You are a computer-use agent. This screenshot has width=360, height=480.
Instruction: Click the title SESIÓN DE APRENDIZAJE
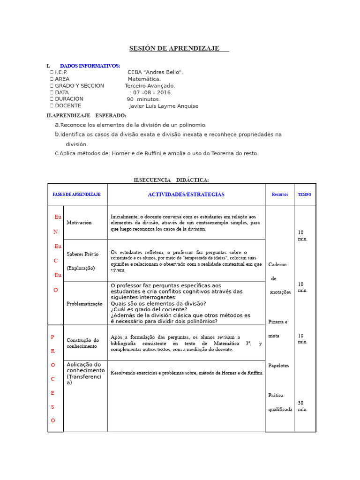point(174,49)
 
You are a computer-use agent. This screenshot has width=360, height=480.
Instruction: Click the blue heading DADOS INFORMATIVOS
point(90,66)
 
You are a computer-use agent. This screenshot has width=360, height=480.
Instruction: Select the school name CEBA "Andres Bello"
point(155,72)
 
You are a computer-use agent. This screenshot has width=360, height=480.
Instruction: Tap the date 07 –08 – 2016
point(152,92)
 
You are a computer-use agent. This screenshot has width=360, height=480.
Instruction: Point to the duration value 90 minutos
point(143,99)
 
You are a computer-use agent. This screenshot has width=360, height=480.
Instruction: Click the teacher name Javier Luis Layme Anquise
point(164,106)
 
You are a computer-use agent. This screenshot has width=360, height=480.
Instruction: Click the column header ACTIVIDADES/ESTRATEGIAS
point(186,195)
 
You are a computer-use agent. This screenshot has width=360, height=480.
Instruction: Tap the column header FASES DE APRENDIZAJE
point(76,195)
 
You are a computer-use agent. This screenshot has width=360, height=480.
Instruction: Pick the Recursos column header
point(280,195)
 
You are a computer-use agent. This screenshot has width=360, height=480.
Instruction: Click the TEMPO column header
point(305,195)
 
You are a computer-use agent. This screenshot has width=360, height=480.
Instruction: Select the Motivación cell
point(79,223)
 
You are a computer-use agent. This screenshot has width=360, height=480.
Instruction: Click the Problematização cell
point(84,304)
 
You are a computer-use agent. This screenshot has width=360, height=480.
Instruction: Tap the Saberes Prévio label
point(82,254)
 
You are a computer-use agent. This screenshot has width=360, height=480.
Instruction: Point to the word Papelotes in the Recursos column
point(278,366)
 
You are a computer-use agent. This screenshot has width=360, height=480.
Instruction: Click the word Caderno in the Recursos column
point(277,265)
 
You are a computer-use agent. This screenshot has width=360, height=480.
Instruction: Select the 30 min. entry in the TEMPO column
point(303,406)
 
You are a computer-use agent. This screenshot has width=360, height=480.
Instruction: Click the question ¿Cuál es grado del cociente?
point(149,309)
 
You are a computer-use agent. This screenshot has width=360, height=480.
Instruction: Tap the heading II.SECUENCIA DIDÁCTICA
point(171,180)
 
